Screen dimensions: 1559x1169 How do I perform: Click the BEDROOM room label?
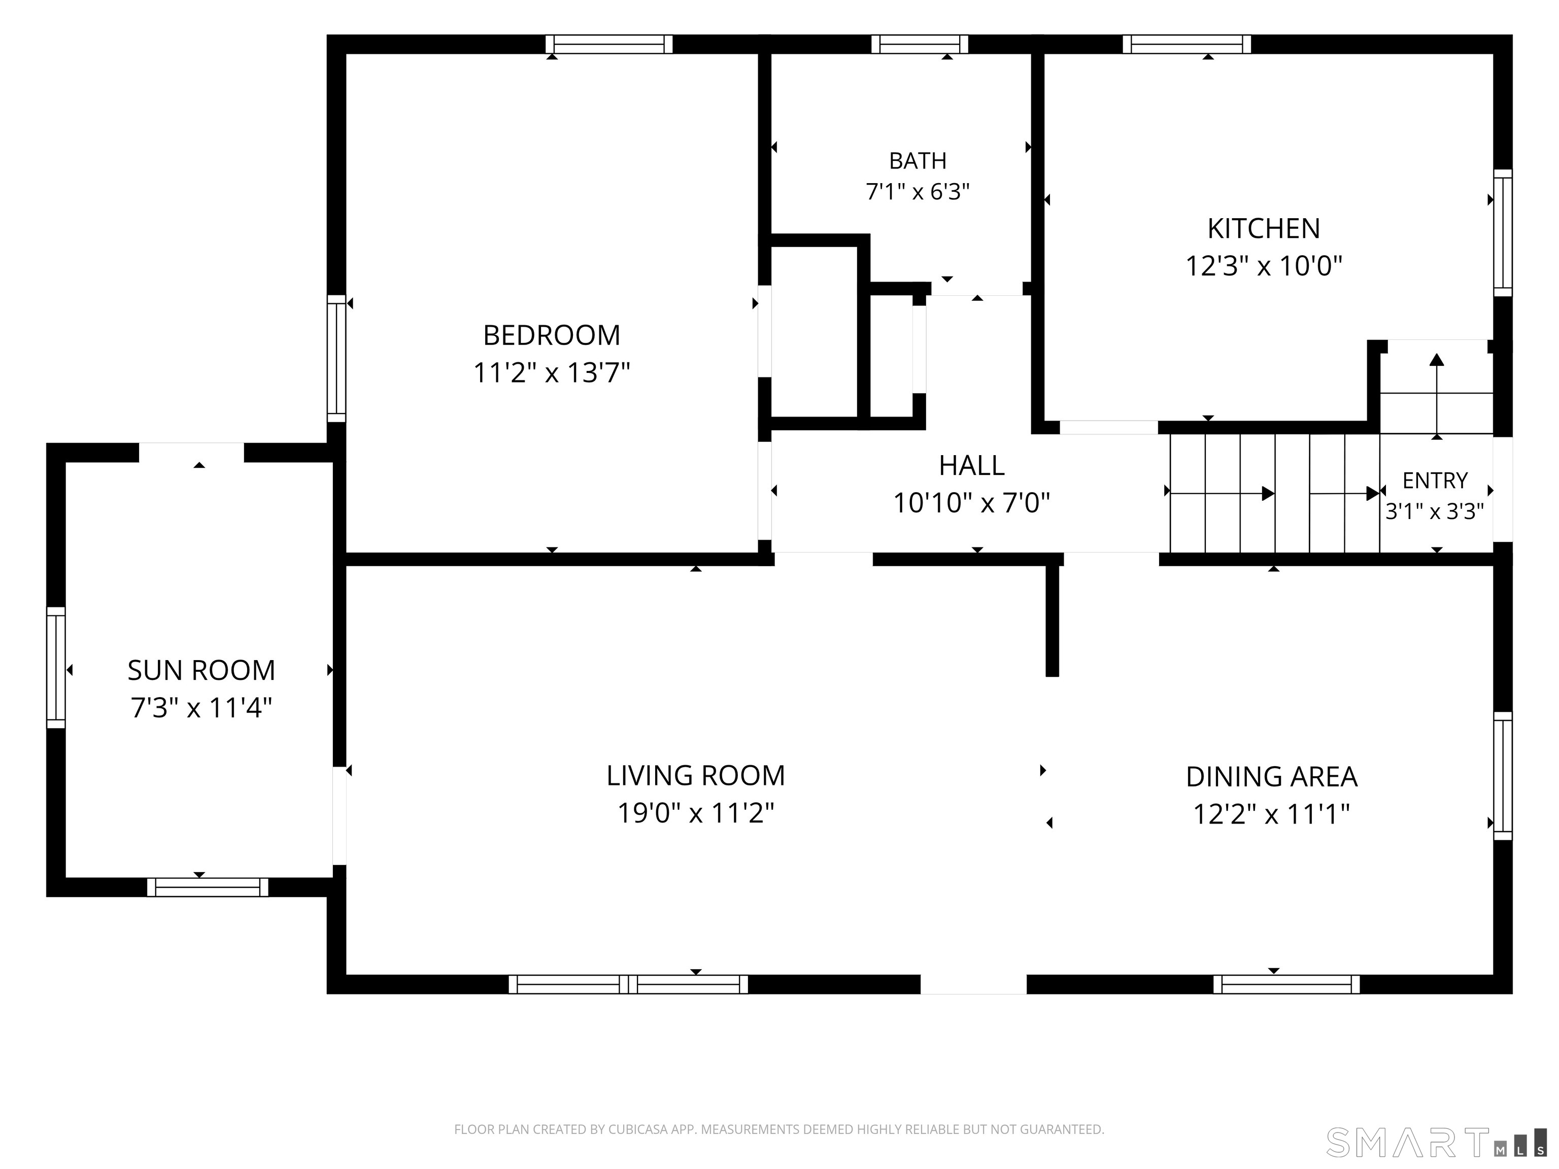[551, 335]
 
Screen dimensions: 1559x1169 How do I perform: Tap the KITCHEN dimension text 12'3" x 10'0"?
[1264, 266]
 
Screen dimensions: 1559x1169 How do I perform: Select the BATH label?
[918, 161]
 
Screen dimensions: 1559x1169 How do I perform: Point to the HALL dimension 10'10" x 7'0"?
[971, 503]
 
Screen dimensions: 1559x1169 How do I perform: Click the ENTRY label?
[1435, 480]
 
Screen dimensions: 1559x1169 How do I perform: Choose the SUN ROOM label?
[201, 670]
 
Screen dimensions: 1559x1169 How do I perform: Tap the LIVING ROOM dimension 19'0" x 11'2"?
[696, 813]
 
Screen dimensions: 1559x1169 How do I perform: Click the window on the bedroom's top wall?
[609, 44]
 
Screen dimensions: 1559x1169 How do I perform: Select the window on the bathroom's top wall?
[920, 44]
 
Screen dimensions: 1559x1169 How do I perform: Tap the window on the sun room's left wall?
[56, 667]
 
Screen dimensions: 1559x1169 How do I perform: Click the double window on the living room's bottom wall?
[628, 984]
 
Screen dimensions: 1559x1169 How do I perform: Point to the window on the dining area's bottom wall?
[1286, 984]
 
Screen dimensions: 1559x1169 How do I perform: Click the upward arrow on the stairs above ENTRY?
[1436, 395]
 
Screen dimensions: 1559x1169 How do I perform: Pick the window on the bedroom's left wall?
[337, 359]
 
